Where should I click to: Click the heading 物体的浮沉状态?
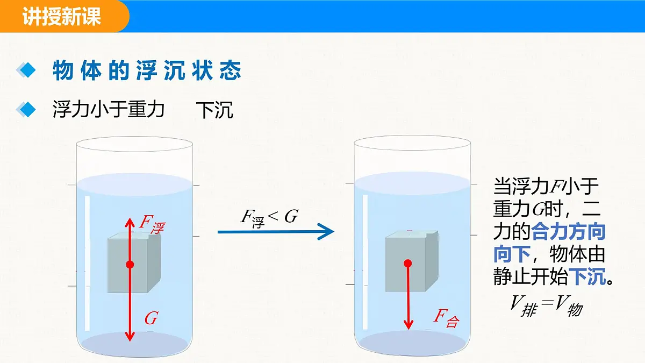pyautogui.click(x=147, y=70)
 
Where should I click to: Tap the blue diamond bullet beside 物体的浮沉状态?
pyautogui.click(x=26, y=70)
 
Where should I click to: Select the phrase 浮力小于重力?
pyautogui.click(x=108, y=110)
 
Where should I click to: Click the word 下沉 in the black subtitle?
pyautogui.click(x=214, y=110)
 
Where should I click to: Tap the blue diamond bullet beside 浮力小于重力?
pyautogui.click(x=26, y=110)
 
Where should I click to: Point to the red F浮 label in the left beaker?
pyautogui.click(x=152, y=225)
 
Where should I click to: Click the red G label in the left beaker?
pyautogui.click(x=151, y=318)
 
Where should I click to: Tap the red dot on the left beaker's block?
pyautogui.click(x=130, y=265)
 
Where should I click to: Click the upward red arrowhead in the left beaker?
pyautogui.click(x=130, y=223)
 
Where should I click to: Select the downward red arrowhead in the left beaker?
pyautogui.click(x=130, y=336)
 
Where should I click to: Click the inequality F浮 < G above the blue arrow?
pyautogui.click(x=269, y=218)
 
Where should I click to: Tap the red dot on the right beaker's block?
pyautogui.click(x=408, y=263)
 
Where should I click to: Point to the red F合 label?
pyautogui.click(x=446, y=318)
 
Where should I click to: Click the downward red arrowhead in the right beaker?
pyautogui.click(x=408, y=324)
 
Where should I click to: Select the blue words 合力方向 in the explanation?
pyautogui.click(x=569, y=232)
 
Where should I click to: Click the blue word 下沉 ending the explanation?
pyautogui.click(x=587, y=276)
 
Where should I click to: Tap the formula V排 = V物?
pyautogui.click(x=546, y=306)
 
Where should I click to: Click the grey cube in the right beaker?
pyautogui.click(x=412, y=261)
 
